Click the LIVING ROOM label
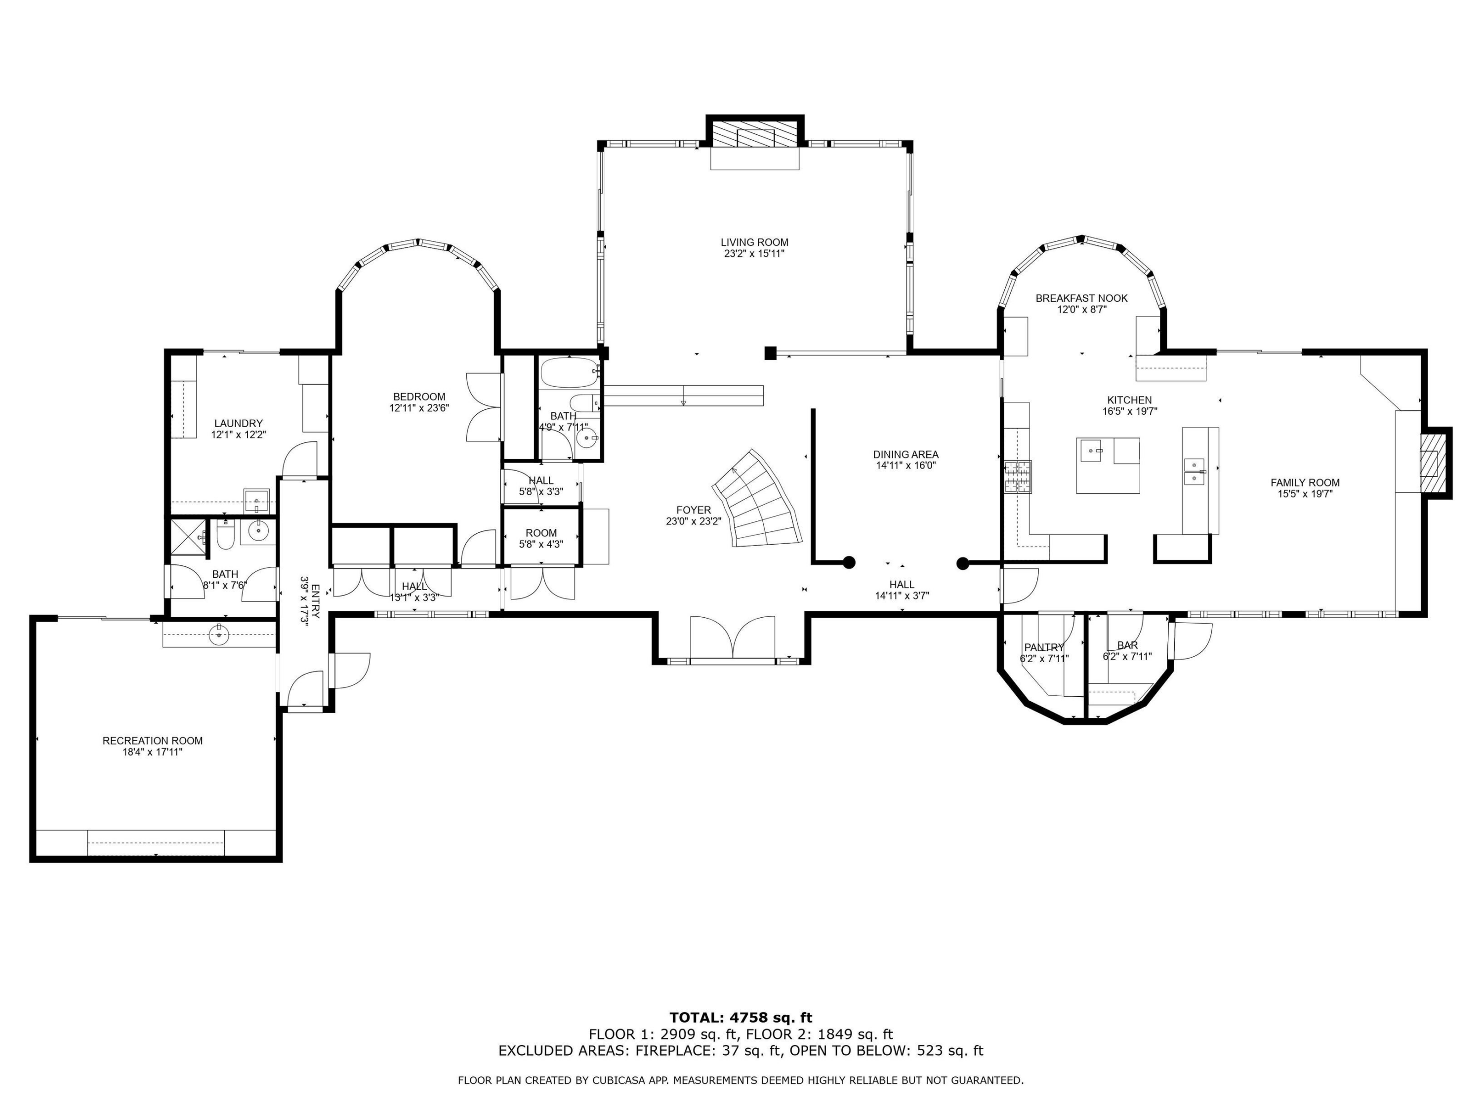754,242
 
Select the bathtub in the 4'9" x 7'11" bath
570,373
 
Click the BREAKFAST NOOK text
1081,299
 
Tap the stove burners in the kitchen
1017,477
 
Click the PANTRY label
1044,647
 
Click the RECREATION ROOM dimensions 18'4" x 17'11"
152,752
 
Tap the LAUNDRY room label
239,423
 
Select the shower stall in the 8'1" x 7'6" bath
188,537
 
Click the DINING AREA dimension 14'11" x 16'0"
905,466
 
